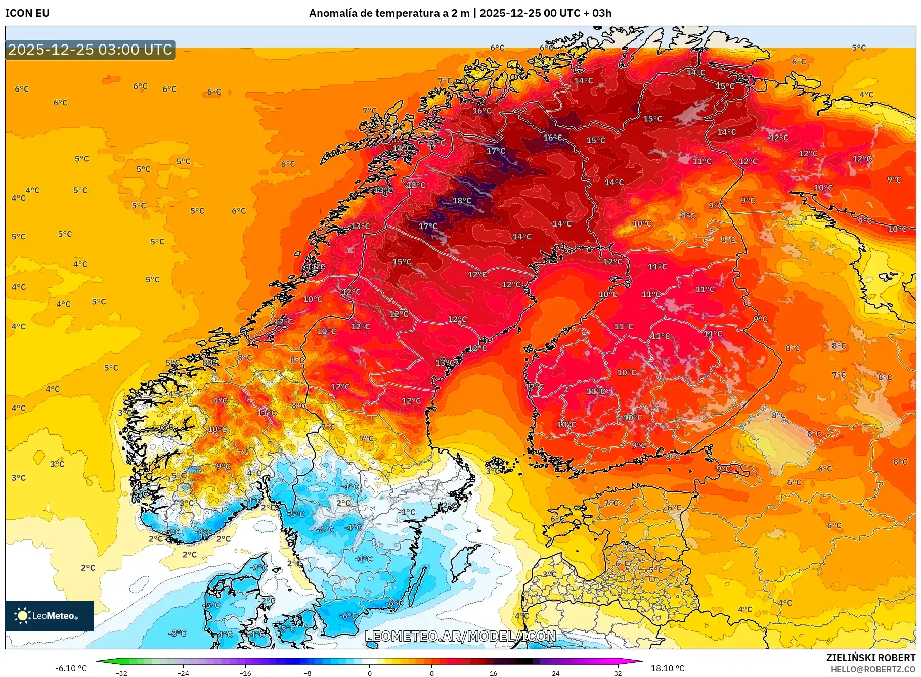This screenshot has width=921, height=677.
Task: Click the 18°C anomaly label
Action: pos(462,201)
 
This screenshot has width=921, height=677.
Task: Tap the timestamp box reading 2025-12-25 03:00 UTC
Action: pos(90,50)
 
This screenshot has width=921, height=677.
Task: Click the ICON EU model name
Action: pos(27,13)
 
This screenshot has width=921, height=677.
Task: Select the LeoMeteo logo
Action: pos(50,616)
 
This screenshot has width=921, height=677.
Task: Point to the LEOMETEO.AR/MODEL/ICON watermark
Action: pos(460,636)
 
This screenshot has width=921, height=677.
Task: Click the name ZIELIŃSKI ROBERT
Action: pos(870,658)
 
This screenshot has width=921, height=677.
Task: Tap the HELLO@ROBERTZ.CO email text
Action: pos(873,669)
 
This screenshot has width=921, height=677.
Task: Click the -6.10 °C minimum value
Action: pos(71,668)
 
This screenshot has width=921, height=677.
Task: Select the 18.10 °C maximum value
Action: pos(668,668)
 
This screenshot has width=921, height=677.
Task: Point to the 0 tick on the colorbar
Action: pos(370,673)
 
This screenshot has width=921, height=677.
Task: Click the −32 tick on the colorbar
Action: pos(121,673)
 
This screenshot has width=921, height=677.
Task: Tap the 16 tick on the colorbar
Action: pos(494,673)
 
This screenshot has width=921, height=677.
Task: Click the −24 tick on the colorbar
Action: pos(183,673)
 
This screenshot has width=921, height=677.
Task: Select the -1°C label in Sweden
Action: pos(408,512)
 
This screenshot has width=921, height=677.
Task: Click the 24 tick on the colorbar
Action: pos(555,673)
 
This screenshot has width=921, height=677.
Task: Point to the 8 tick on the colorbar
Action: pos(431,673)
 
